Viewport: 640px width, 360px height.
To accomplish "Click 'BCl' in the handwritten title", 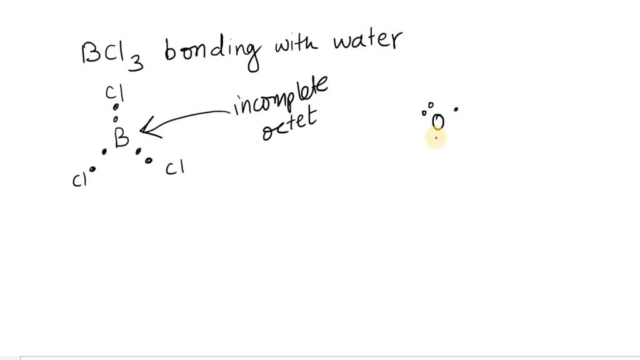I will (104, 53).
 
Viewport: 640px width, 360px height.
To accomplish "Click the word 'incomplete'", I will (281, 99).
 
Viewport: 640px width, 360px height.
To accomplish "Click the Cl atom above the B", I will (114, 94).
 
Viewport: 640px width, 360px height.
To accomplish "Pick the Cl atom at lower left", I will (79, 180).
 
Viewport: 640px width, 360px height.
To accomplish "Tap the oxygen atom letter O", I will (437, 121).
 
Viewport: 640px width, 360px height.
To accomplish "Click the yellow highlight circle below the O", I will (436, 139).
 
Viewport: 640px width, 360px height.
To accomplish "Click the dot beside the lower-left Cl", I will (92, 169).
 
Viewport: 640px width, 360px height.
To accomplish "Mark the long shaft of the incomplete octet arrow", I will (191, 119).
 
